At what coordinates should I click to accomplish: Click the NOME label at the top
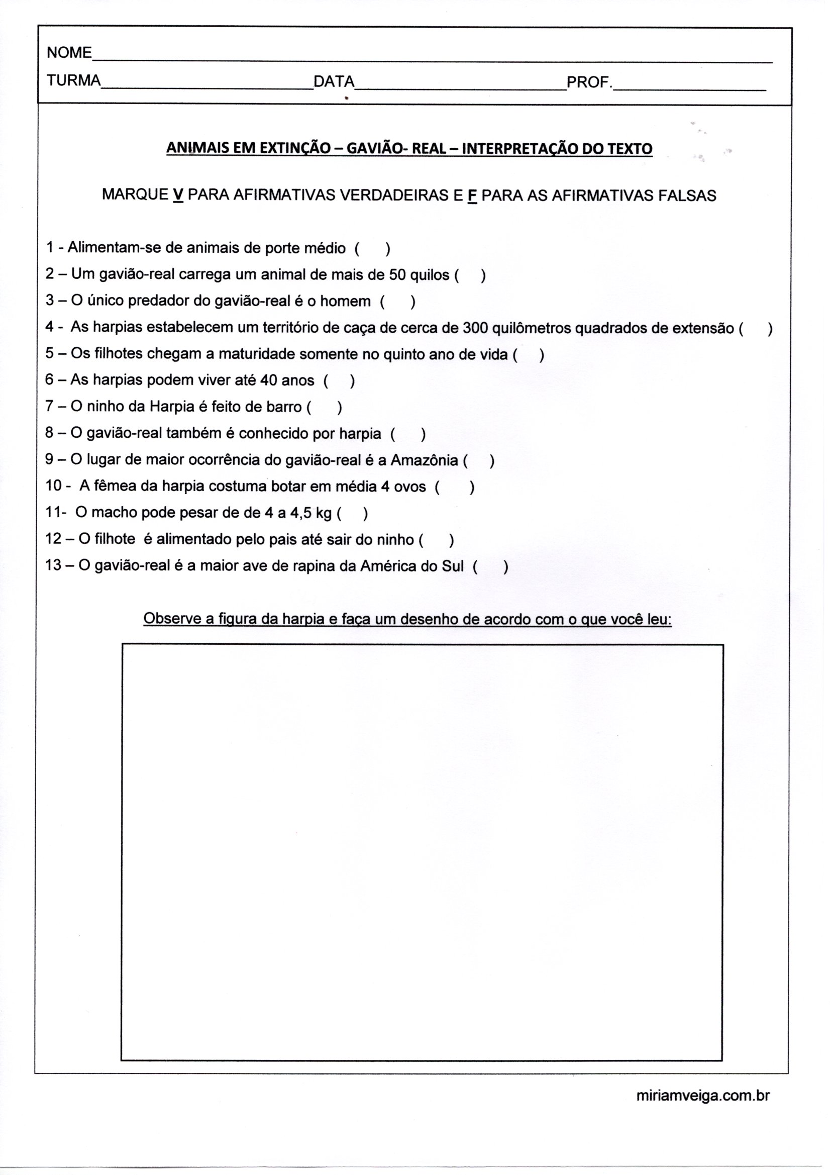point(69,53)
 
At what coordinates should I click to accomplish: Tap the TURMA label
point(74,81)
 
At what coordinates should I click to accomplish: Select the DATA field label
point(334,82)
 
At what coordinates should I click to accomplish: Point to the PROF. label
point(589,82)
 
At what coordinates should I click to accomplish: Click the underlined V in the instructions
point(178,195)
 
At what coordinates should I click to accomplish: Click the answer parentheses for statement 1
point(372,249)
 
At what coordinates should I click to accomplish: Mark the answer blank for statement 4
point(755,329)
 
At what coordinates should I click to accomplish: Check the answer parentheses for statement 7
point(325,408)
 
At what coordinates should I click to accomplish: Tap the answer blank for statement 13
point(491,567)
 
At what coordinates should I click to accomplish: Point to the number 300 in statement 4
point(475,328)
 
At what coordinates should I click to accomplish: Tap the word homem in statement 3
point(345,302)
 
